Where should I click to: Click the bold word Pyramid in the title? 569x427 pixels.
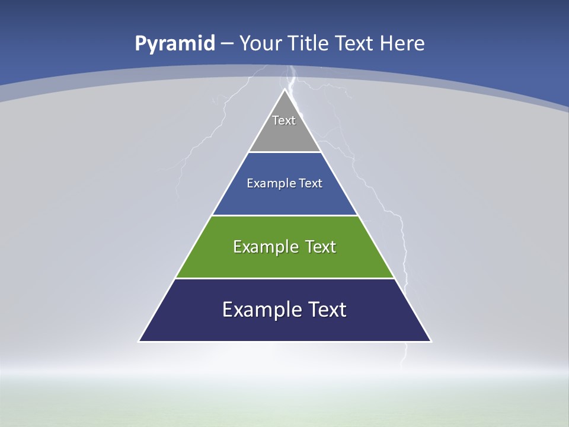point(175,44)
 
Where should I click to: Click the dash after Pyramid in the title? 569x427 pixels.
point(227,44)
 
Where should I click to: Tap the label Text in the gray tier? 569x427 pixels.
point(284,120)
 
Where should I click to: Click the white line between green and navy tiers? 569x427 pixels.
point(284,278)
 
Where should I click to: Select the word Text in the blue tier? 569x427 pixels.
point(311,183)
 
